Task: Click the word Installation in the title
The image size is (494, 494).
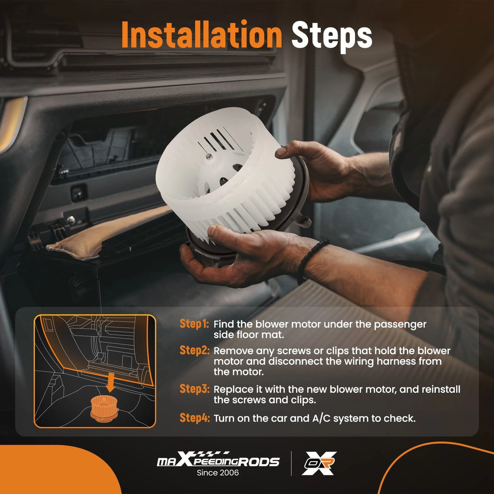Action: tap(202, 35)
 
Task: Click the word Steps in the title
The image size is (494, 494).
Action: tap(332, 37)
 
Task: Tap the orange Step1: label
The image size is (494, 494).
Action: tap(194, 324)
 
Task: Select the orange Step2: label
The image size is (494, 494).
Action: tap(194, 350)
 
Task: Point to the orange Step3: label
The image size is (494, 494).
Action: tap(194, 389)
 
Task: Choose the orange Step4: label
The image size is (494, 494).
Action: tap(194, 418)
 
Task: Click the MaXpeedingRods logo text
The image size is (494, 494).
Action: tap(218, 460)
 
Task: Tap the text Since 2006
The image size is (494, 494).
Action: tap(218, 473)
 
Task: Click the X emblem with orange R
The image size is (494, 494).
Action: tap(319, 463)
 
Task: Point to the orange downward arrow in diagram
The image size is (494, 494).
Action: tap(110, 382)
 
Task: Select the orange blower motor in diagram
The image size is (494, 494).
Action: tap(104, 409)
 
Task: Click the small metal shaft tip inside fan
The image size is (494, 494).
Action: tap(208, 156)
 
